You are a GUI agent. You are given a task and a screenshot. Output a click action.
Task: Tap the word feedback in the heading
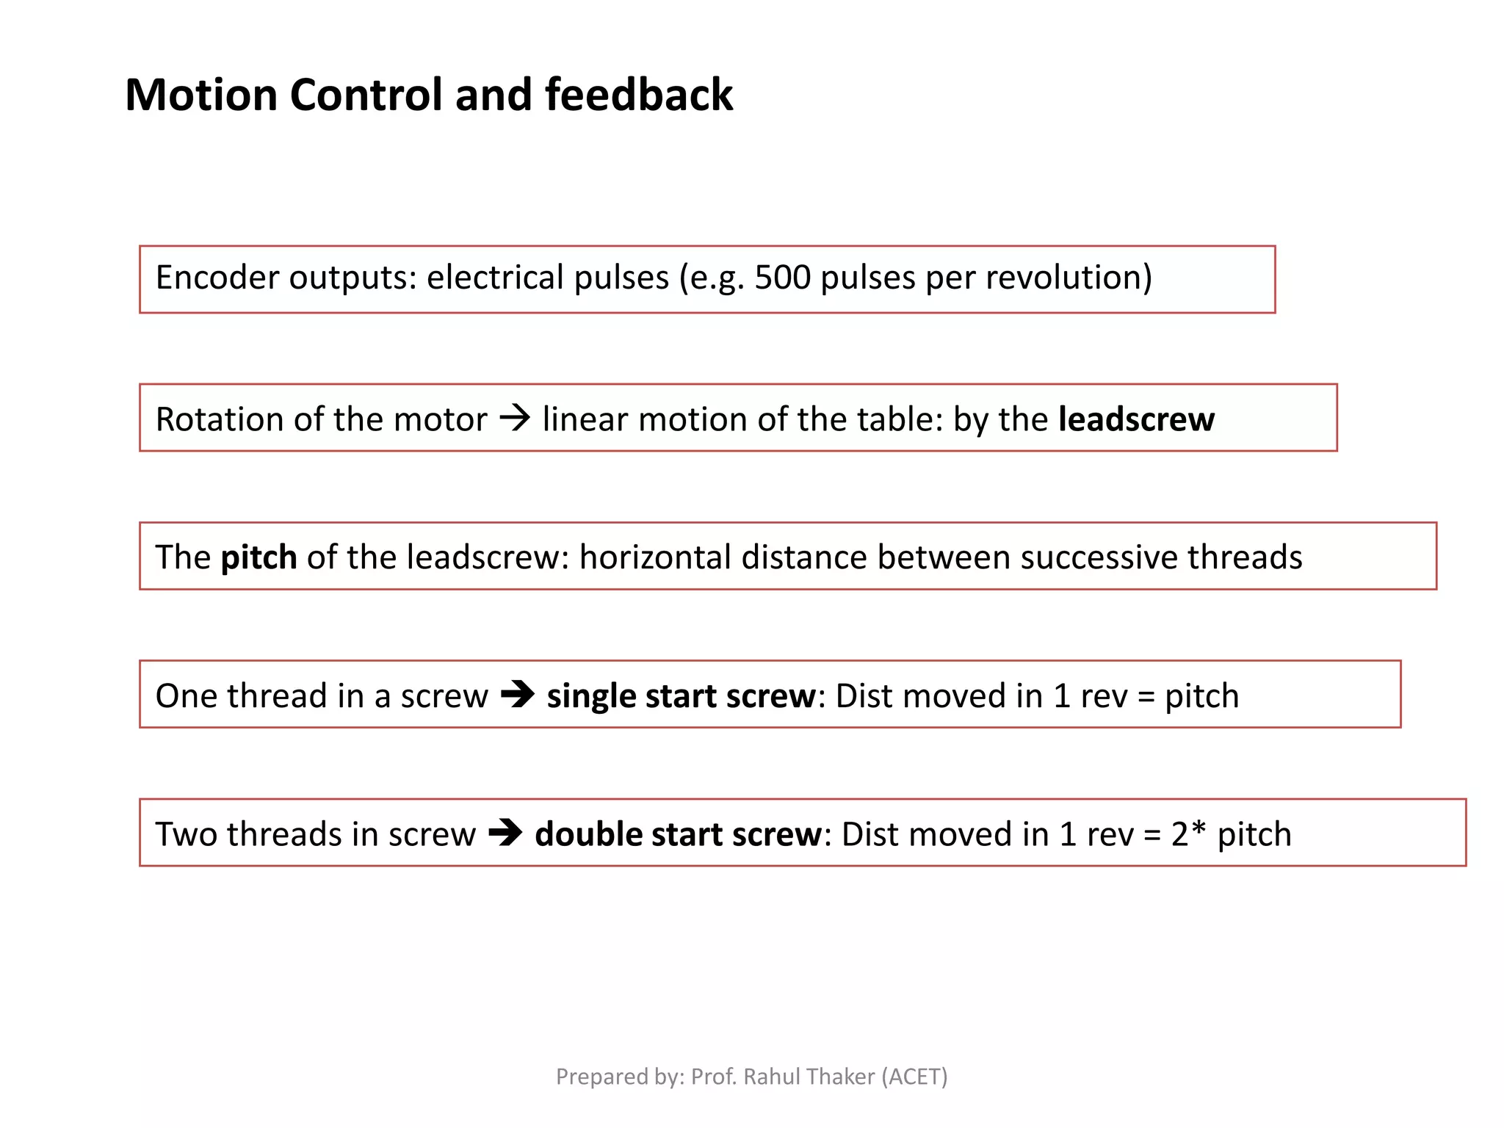tap(638, 95)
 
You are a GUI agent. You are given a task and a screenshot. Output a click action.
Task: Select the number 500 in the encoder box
tap(782, 278)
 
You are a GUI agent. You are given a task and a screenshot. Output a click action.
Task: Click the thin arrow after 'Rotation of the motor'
tap(515, 419)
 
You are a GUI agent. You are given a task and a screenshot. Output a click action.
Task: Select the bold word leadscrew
tap(1136, 419)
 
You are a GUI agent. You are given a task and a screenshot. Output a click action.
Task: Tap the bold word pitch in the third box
tap(258, 557)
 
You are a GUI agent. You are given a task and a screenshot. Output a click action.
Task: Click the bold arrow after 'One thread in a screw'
tap(518, 695)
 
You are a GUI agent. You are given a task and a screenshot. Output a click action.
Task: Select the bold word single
tap(591, 695)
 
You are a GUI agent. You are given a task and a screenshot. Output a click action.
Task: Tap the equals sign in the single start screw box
tap(1146, 696)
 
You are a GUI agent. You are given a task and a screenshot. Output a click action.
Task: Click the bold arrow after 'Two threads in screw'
tap(505, 834)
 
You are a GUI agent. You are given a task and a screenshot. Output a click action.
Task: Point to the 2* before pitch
tap(1188, 834)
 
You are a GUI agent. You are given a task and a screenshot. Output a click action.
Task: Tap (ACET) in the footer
tap(914, 1077)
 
